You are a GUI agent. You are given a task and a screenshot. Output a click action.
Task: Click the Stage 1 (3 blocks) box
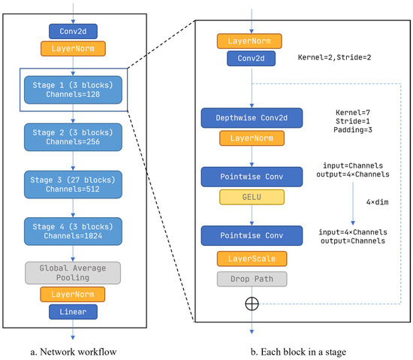[72, 89]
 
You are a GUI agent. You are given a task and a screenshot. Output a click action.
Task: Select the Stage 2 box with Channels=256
[72, 135]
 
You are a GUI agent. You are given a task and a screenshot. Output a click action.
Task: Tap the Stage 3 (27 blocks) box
[72, 181]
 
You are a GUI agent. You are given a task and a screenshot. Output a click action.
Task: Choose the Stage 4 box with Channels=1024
[72, 228]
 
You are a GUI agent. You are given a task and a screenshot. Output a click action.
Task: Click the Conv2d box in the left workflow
[72, 32]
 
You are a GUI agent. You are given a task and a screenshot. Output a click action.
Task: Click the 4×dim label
[376, 201]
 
